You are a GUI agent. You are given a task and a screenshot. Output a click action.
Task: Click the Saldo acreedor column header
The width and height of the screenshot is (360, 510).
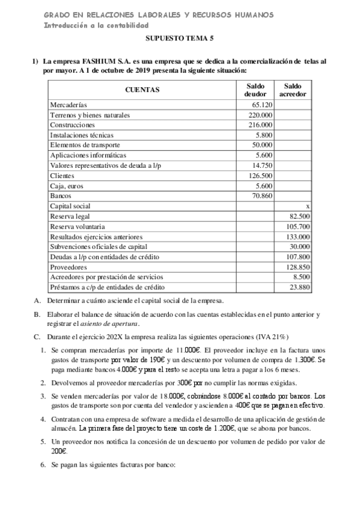click(293, 90)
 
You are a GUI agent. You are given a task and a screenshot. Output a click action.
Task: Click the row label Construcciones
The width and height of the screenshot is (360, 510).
click(72, 125)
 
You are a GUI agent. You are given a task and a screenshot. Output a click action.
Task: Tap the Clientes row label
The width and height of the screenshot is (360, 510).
click(63, 176)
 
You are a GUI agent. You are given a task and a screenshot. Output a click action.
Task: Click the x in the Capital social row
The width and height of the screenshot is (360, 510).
click(308, 206)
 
